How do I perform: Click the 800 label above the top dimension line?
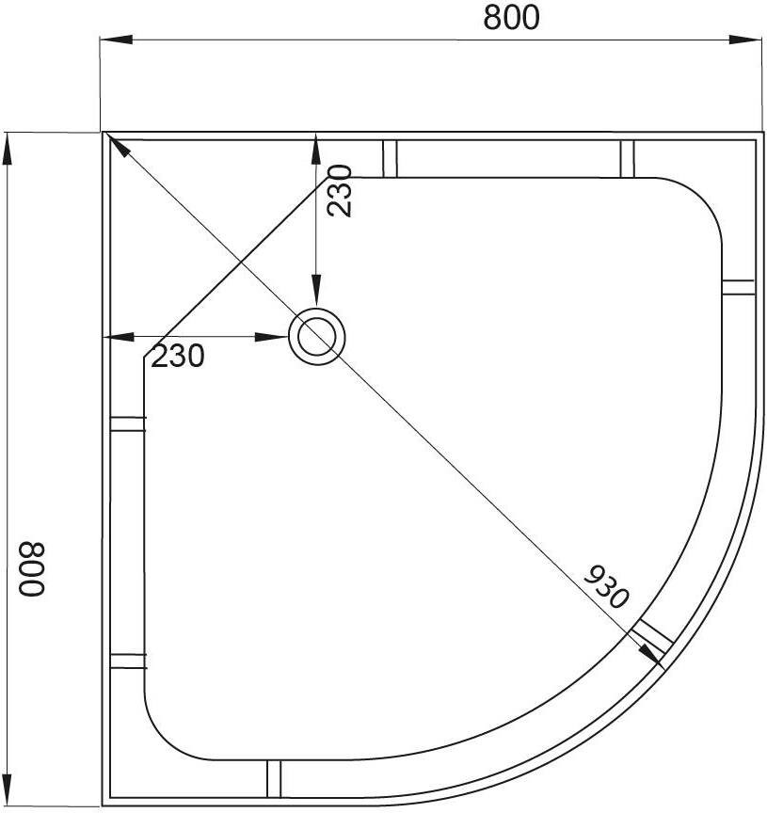(511, 17)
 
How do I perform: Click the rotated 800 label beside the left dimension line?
(32, 568)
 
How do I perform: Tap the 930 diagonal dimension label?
(606, 586)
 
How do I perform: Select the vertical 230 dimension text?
(340, 190)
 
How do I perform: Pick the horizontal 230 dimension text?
(178, 357)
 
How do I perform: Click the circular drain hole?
(316, 337)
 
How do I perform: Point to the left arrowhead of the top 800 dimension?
(116, 40)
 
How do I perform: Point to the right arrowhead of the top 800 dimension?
(745, 40)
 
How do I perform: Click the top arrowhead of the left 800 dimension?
(7, 149)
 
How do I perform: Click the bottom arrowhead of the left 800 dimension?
(7, 789)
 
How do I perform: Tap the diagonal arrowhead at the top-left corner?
(120, 146)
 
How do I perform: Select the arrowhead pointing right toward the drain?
(271, 337)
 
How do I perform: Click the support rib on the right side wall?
(738, 287)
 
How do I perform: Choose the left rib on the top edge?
(390, 159)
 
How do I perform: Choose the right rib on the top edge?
(628, 159)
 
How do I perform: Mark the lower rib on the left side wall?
(129, 661)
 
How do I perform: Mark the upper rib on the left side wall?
(129, 423)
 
